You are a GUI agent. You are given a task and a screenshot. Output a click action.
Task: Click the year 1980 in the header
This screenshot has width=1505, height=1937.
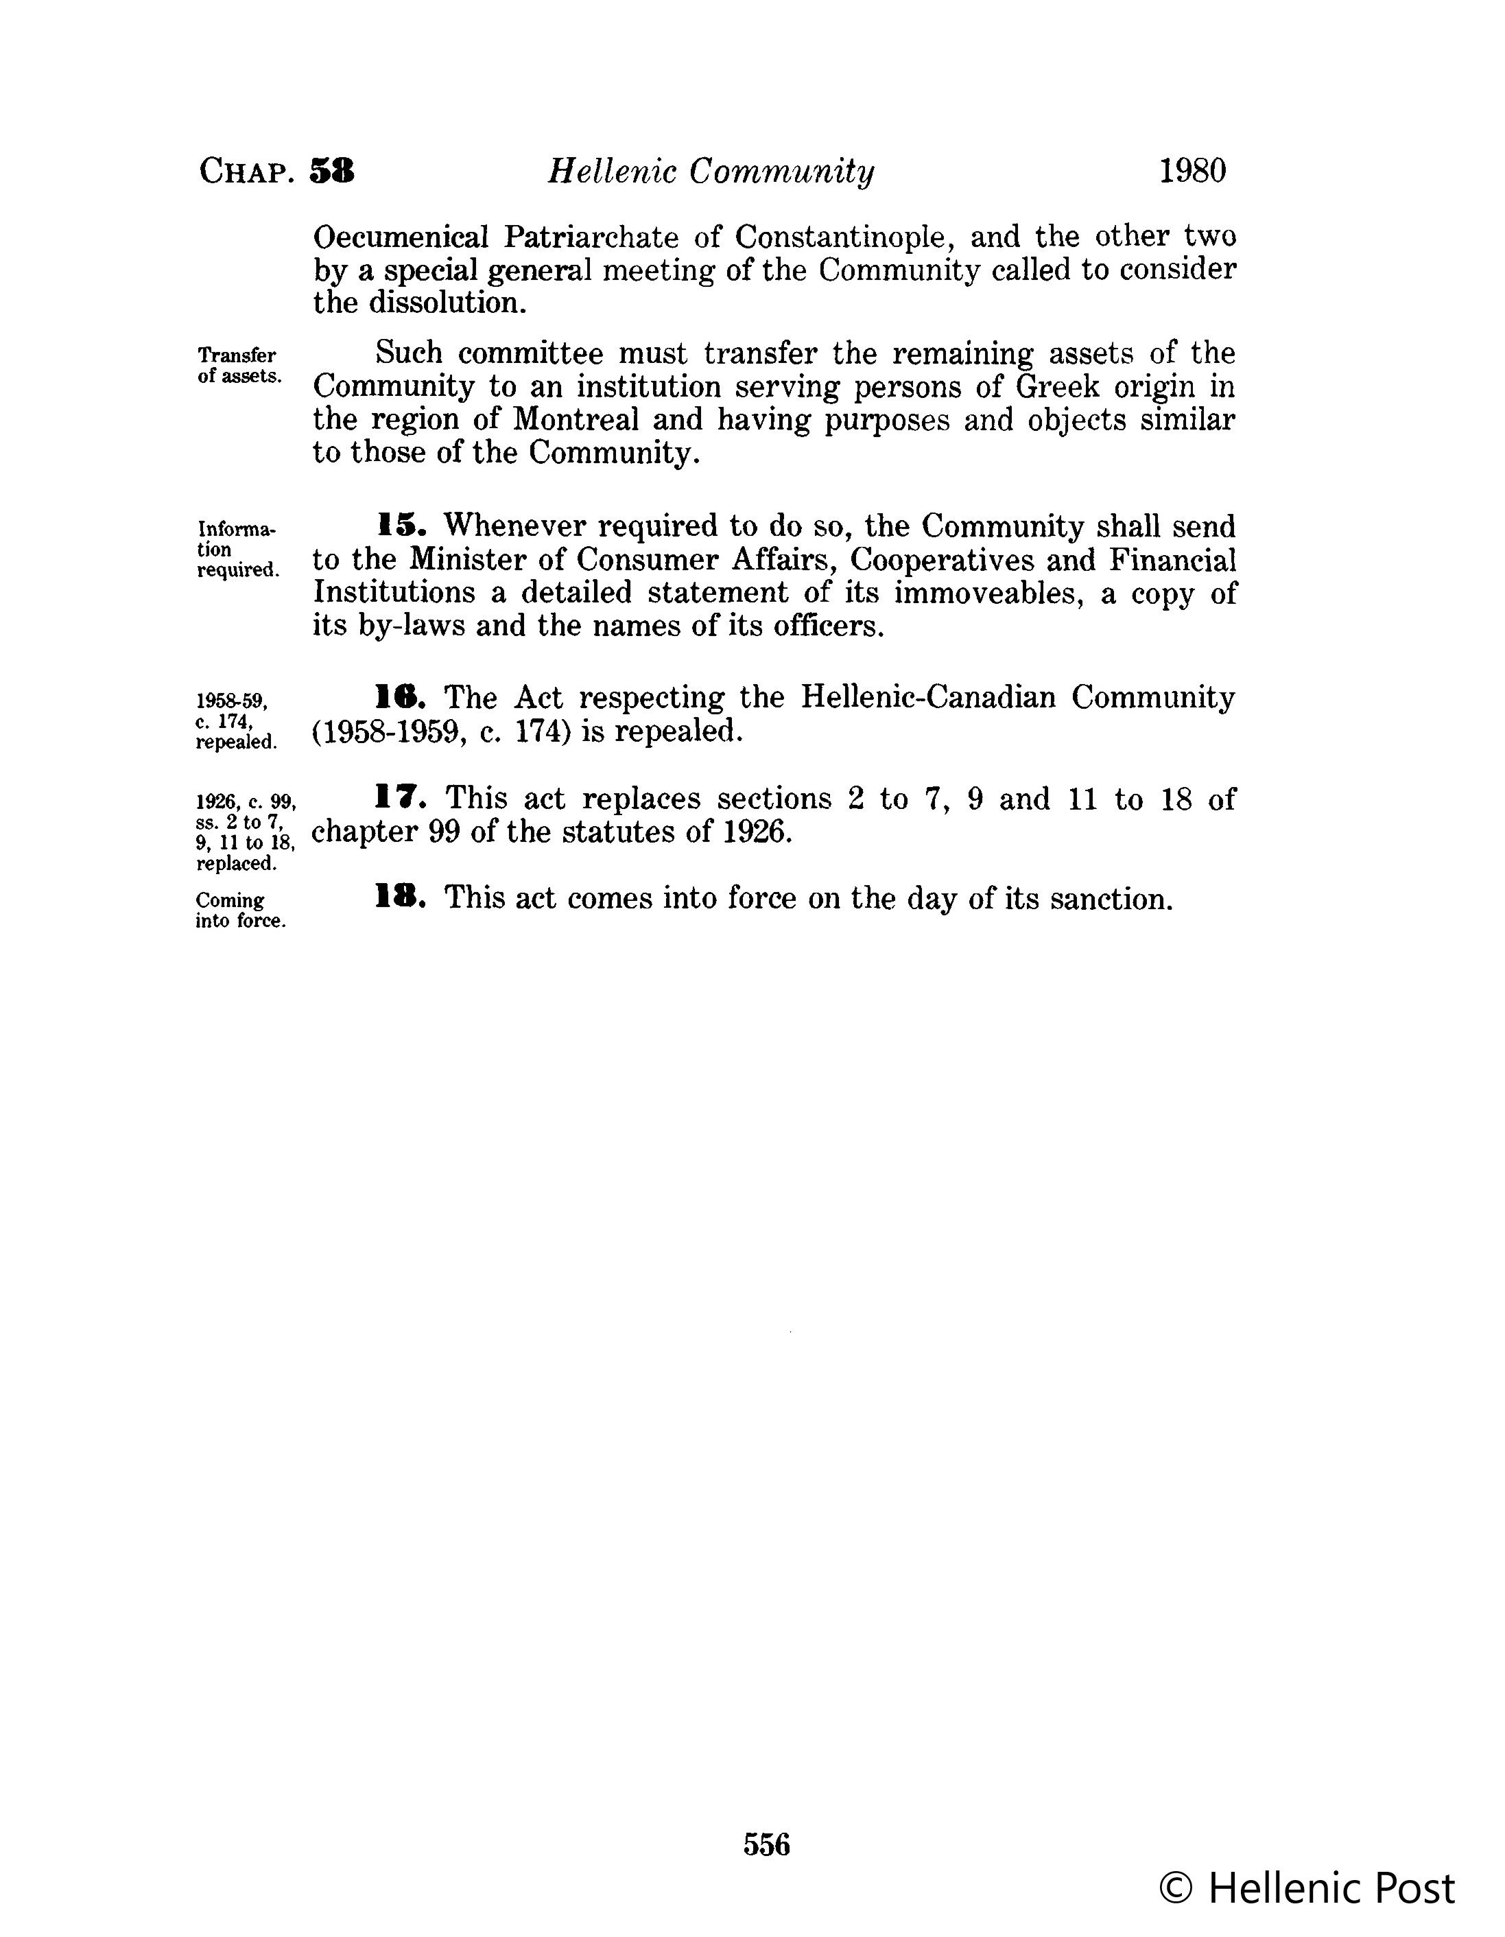tap(1192, 170)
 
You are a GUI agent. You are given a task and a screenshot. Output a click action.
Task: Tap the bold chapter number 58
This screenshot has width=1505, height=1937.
tap(332, 170)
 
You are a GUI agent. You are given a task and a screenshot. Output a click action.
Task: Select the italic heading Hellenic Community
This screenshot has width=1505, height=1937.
tap(711, 171)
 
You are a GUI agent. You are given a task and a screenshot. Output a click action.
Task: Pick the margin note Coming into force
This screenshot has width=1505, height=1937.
tap(240, 910)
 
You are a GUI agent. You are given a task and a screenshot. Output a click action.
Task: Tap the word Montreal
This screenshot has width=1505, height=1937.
tap(576, 419)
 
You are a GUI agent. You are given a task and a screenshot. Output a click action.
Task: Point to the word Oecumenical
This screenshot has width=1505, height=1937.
tap(401, 237)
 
